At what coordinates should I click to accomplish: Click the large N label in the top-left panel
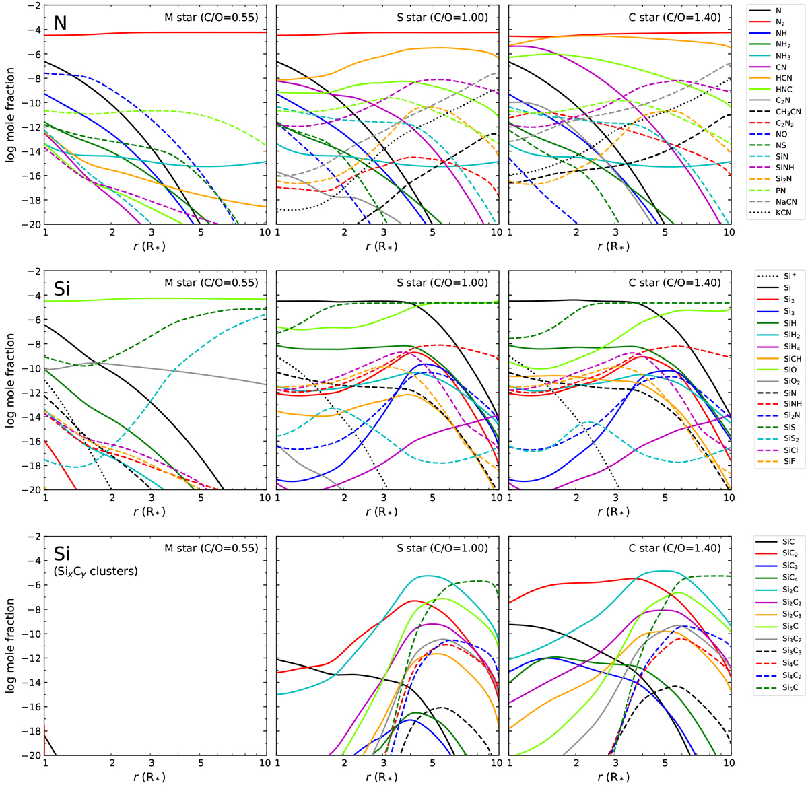tap(61, 24)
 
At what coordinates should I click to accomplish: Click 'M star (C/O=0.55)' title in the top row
tap(211, 18)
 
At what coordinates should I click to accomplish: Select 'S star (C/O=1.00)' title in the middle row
tap(442, 283)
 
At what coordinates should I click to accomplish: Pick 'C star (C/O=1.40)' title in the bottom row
tap(674, 548)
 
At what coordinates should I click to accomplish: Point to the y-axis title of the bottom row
tap(10, 646)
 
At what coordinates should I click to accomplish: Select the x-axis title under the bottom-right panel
tap(618, 776)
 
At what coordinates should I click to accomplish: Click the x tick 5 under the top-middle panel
tap(432, 233)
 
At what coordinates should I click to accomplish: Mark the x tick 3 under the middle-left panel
tap(151, 499)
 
